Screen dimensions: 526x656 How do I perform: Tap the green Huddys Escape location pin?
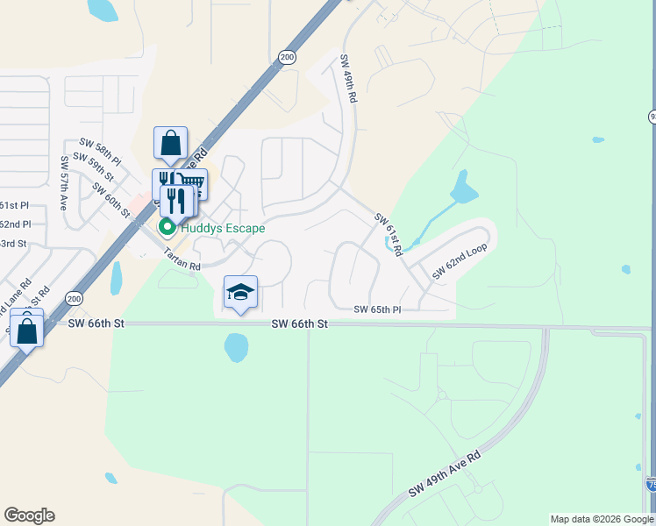[165, 229]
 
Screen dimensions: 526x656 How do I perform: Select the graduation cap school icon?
[240, 293]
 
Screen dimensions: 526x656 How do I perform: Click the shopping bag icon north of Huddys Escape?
[170, 143]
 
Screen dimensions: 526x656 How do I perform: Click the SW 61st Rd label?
[388, 233]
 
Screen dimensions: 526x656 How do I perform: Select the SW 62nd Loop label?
[459, 262]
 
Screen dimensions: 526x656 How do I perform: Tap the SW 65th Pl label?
[377, 310]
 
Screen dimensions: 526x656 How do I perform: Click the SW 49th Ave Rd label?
[445, 476]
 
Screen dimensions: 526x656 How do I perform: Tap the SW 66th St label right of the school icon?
[299, 323]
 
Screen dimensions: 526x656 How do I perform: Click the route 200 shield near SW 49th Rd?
[287, 56]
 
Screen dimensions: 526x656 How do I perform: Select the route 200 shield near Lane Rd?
[75, 298]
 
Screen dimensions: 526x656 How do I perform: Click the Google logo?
[29, 515]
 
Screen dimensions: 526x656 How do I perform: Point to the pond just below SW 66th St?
[236, 347]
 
